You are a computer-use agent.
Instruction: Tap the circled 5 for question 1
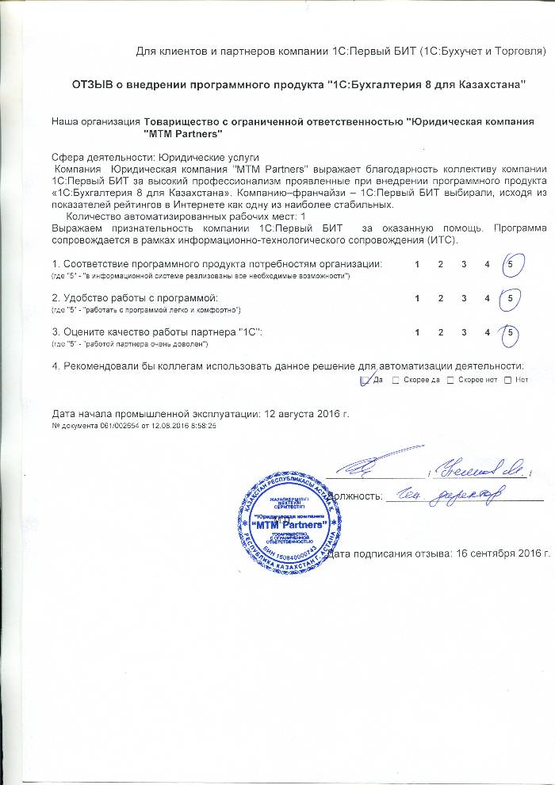511,263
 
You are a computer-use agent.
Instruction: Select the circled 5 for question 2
511,297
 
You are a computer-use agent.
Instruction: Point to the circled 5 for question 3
511,332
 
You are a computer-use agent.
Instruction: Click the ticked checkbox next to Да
365,381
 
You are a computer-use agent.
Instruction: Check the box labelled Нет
507,381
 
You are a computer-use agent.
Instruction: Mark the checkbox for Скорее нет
451,381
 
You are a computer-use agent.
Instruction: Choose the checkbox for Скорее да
396,381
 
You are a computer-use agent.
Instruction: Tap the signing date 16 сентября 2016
499,553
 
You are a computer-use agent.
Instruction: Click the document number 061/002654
120,426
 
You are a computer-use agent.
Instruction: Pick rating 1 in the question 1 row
417,263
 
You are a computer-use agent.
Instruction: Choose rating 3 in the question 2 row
464,297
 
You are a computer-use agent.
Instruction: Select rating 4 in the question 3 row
488,332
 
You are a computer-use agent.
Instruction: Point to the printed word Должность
353,496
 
